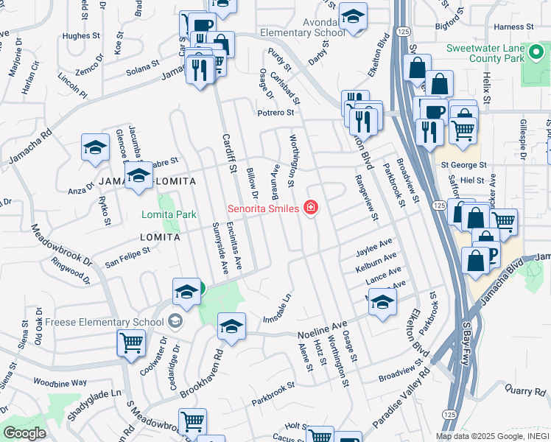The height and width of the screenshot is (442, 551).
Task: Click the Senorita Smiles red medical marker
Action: pos(311,208)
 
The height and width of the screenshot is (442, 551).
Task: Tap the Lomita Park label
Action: pos(169,214)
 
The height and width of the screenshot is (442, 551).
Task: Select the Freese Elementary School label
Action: pos(104,322)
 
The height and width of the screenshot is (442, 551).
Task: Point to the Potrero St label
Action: pos(275,113)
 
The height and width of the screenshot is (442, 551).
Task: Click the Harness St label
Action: pos(513,27)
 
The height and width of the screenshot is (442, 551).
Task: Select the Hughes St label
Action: pos(81,35)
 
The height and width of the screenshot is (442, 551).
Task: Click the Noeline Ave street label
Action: pos(322,329)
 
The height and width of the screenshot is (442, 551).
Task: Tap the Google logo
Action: pos(24,433)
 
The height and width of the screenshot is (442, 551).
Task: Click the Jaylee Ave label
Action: pos(374,246)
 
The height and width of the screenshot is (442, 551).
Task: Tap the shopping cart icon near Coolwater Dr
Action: pos(131,342)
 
